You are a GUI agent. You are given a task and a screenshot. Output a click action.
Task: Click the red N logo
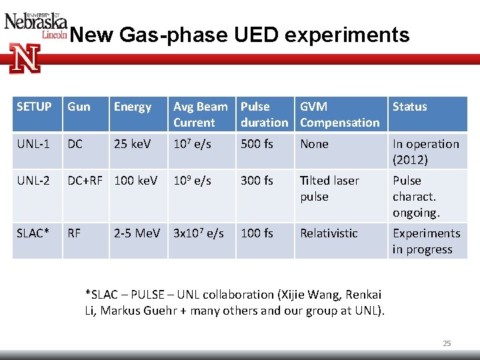pyautogui.click(x=25, y=58)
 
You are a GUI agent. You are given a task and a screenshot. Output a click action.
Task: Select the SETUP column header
pyautogui.click(x=34, y=107)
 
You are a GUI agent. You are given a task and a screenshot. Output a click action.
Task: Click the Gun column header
pyautogui.click(x=79, y=107)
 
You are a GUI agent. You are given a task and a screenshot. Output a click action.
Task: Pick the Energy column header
pyautogui.click(x=133, y=107)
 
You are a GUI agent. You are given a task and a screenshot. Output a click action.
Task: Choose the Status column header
pyautogui.click(x=409, y=107)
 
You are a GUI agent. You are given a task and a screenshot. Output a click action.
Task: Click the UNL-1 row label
pyautogui.click(x=34, y=144)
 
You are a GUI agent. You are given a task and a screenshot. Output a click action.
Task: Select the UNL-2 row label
pyautogui.click(x=34, y=181)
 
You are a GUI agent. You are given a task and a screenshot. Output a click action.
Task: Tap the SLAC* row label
pyautogui.click(x=33, y=233)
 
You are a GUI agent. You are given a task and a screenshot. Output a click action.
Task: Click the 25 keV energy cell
pyautogui.click(x=133, y=144)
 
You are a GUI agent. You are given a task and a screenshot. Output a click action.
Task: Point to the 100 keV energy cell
pyautogui.click(x=137, y=181)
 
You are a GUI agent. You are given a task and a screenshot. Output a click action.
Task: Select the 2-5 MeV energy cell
pyautogui.click(x=137, y=233)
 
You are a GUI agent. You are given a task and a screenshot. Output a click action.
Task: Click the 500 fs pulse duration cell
pyautogui.click(x=257, y=144)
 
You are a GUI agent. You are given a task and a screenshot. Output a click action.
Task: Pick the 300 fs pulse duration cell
pyautogui.click(x=257, y=181)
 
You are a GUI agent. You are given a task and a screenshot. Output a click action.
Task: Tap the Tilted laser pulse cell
pyautogui.click(x=329, y=189)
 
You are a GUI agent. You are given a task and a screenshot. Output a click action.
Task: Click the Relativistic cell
pyautogui.click(x=329, y=233)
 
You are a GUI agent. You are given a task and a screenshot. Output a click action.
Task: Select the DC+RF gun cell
pyautogui.click(x=85, y=181)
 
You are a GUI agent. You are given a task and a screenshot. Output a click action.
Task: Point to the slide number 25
pyautogui.click(x=447, y=343)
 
